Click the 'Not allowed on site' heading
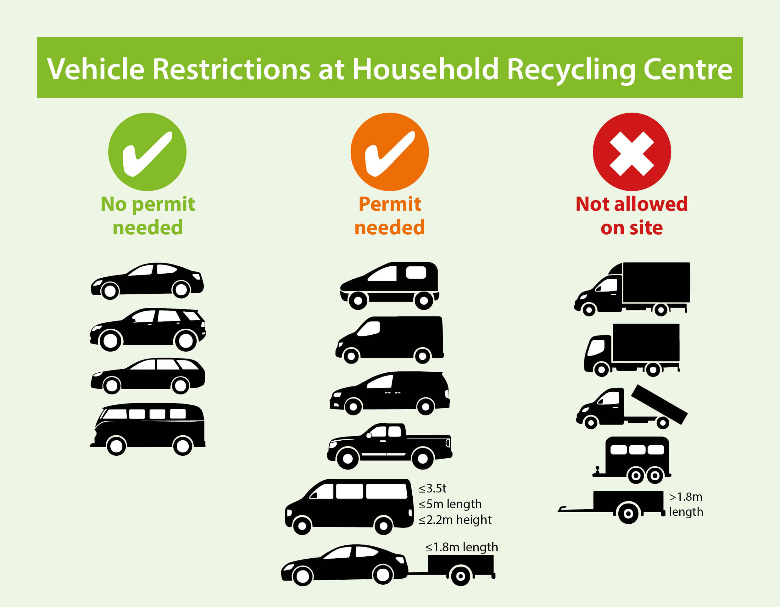(632, 216)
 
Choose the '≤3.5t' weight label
(432, 488)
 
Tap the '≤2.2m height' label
(455, 520)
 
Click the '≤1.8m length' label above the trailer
(461, 547)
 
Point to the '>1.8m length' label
(686, 504)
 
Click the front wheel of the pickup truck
(348, 459)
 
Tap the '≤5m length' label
(450, 504)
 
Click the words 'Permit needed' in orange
(390, 216)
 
